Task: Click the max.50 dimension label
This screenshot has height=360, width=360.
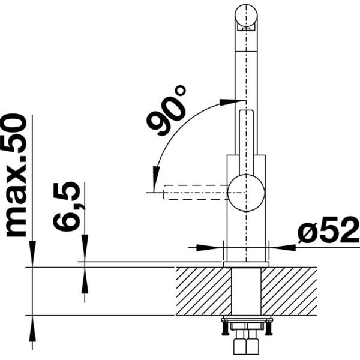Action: pos(16,175)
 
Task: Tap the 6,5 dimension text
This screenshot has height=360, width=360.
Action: pos(67,207)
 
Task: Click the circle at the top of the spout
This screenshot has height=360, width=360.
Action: pos(245,14)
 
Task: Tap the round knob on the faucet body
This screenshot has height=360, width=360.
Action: pos(245,193)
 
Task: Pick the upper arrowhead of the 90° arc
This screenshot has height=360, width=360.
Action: pos(227,102)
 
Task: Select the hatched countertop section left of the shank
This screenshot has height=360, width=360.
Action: pos(202,291)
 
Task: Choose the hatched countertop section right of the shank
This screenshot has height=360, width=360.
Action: pos(289,291)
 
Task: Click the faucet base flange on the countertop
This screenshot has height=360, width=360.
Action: pos(245,263)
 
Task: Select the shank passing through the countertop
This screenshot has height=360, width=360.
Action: pos(245,291)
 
